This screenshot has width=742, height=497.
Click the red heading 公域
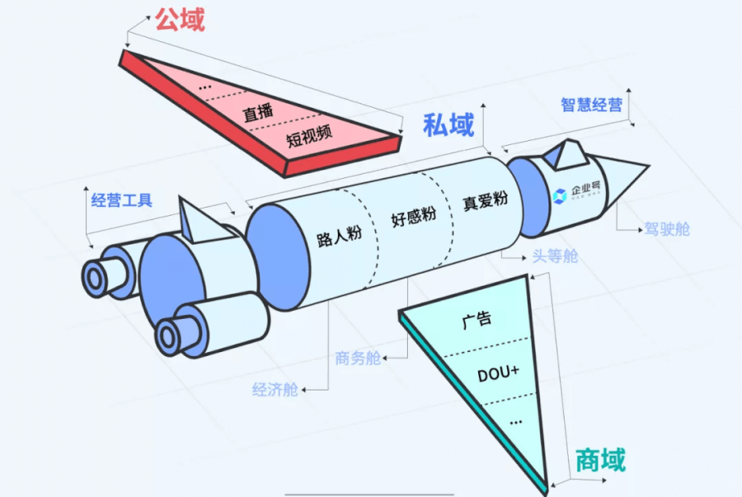point(179,19)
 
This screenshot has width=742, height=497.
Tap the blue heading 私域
point(448,125)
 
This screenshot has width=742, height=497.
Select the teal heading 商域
point(599,460)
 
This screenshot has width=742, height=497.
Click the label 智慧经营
point(591,105)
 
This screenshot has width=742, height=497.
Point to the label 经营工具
point(121,200)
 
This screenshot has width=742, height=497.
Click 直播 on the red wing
point(257,112)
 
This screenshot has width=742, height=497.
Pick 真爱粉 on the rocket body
point(484,200)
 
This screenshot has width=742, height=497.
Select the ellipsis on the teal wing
point(516,421)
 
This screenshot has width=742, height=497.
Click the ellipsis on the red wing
point(206,86)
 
